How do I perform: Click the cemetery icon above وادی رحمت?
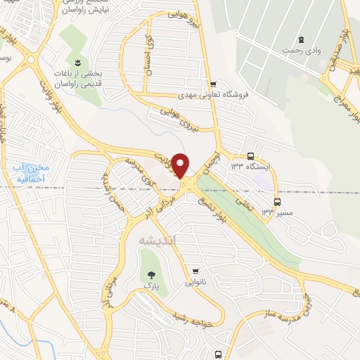coord(302,39)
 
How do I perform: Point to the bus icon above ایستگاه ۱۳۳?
coord(251,156)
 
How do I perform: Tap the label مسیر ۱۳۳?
coord(277,210)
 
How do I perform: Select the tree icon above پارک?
coord(149,274)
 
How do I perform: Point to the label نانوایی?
coord(195,283)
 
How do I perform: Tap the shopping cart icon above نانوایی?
coord(195,271)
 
